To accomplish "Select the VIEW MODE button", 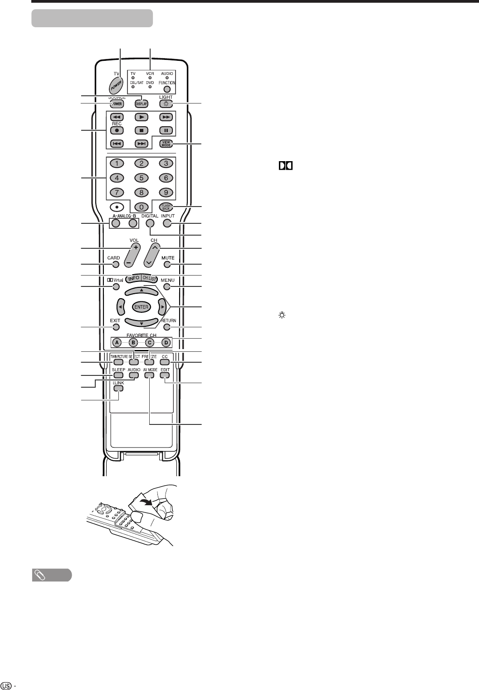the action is [166, 144].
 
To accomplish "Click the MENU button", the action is [167, 287].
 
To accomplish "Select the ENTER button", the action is [142, 307].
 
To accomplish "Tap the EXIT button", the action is [116, 327].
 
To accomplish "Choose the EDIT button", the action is [164, 375].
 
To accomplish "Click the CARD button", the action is [116, 264].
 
